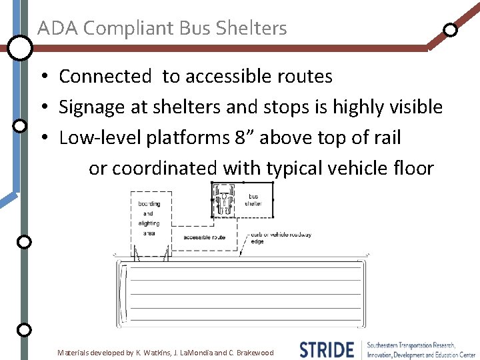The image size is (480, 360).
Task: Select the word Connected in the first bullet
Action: click(105, 77)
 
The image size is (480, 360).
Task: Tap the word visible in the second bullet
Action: click(412, 107)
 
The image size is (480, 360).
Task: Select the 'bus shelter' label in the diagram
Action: click(253, 200)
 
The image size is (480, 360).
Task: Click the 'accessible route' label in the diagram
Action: click(204, 237)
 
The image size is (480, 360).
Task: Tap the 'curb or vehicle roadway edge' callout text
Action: click(281, 238)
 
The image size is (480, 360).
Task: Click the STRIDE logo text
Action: click(327, 349)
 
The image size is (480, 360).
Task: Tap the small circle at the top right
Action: click(450, 30)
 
